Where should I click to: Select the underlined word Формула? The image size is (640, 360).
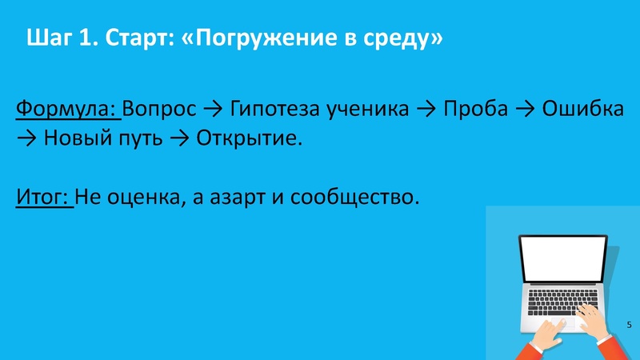tap(67, 109)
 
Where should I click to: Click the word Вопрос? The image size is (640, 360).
tap(160, 109)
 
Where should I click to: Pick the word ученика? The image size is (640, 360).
tap(365, 109)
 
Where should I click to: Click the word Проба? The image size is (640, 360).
tap(475, 109)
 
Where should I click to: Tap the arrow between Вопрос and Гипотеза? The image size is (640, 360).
tap(213, 110)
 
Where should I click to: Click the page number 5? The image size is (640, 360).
tap(628, 324)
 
